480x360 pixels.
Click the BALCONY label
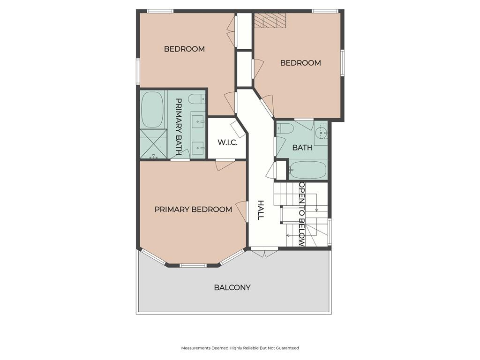pyautogui.click(x=232, y=287)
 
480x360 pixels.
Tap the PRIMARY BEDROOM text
pyautogui.click(x=193, y=210)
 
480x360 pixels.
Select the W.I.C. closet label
pyautogui.click(x=227, y=142)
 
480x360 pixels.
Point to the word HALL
pyautogui.click(x=261, y=210)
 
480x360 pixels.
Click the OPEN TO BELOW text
pyautogui.click(x=302, y=214)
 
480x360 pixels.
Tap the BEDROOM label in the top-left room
pyautogui.click(x=184, y=49)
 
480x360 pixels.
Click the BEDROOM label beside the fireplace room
pyautogui.click(x=300, y=63)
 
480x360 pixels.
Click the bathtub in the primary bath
pyautogui.click(x=152, y=109)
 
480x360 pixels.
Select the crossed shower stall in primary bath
pyautogui.click(x=154, y=144)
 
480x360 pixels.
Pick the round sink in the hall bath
pyautogui.click(x=321, y=133)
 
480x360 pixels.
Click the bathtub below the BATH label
pyautogui.click(x=307, y=170)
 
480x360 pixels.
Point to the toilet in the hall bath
pyautogui.click(x=284, y=128)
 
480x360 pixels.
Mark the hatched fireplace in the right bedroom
pyautogui.click(x=266, y=21)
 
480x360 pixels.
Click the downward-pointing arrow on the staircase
pyautogui.click(x=316, y=202)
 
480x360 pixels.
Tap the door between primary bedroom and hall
pyautogui.click(x=242, y=211)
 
